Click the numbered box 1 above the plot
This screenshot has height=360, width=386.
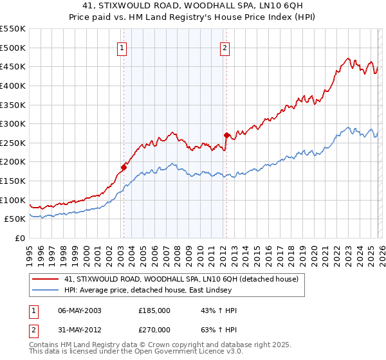pos(122,47)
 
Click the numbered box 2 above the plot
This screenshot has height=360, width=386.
pos(225,47)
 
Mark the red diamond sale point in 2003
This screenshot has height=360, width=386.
pos(124,167)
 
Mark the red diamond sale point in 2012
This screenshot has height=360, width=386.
pos(226,135)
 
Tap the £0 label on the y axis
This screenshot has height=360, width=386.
pos(19,239)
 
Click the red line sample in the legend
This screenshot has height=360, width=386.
pos(46,280)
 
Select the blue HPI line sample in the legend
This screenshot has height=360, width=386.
pos(46,291)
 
